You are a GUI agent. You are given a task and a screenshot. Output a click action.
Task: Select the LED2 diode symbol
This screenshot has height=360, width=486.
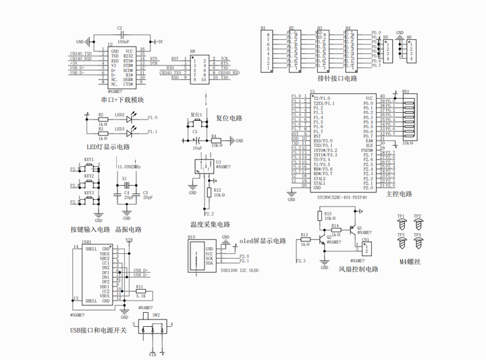click(132, 118)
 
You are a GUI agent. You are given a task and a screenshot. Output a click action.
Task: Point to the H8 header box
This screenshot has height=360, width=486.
click(202, 69)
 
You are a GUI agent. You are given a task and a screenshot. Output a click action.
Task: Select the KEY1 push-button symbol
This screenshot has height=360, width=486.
click(90, 167)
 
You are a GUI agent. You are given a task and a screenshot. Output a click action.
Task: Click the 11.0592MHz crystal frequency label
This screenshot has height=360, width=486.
click(129, 166)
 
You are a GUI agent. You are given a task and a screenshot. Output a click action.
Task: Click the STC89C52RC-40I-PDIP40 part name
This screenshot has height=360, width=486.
click(342, 197)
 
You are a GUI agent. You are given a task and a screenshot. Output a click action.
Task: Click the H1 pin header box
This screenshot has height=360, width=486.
click(267, 50)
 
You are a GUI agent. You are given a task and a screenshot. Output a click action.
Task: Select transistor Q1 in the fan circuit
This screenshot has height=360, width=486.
click(352, 228)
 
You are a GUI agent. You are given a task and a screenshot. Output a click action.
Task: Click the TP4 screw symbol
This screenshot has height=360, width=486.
click(417, 242)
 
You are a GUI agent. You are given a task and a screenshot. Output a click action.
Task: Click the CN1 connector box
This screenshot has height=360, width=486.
click(364, 249)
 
